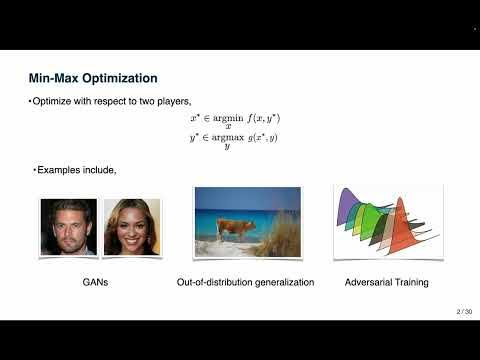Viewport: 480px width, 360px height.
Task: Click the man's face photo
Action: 68,226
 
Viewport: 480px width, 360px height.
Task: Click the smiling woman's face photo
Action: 132,226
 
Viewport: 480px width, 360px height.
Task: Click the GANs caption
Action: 98,283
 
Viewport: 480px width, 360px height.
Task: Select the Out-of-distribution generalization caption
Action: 247,283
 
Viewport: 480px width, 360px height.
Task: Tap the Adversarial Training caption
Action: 388,283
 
